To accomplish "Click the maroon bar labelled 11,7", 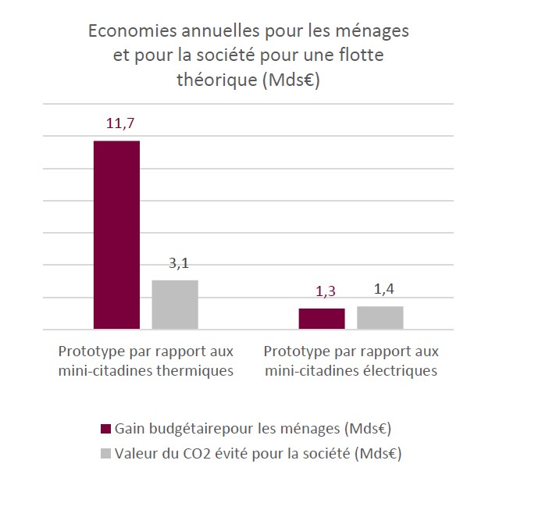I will pos(116,234).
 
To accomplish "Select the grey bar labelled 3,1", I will pos(174,305).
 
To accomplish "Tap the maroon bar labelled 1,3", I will pos(322,319).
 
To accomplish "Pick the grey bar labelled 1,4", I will pos(380,318).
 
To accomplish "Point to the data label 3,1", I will pos(179,263).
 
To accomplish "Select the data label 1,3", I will pos(325,291).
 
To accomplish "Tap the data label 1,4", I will pos(383,289).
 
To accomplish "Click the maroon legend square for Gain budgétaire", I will pos(106,429).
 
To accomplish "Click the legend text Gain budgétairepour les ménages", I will pos(252,429).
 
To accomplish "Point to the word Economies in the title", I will pos(129,32).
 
